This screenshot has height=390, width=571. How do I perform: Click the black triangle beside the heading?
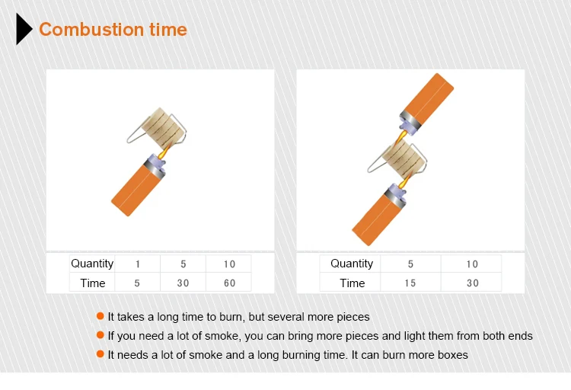pyautogui.click(x=24, y=29)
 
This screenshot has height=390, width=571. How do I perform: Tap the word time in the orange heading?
pyautogui.click(x=168, y=30)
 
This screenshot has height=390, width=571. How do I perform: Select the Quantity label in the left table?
pyautogui.click(x=92, y=264)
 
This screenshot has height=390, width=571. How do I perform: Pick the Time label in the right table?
pyautogui.click(x=352, y=283)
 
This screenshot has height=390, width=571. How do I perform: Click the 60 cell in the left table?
pyautogui.click(x=229, y=283)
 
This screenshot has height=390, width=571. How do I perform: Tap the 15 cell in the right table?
pyautogui.click(x=410, y=283)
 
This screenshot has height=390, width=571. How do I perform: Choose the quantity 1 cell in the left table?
pyautogui.click(x=138, y=264)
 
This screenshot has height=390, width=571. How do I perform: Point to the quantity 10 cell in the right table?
pyautogui.click(x=472, y=264)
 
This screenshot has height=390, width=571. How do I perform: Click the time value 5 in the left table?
pyautogui.click(x=137, y=283)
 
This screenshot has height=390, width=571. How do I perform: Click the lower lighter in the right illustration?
pyautogui.click(x=378, y=214)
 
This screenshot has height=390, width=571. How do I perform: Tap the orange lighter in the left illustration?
pyautogui.click(x=138, y=186)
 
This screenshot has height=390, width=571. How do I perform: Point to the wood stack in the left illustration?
pyautogui.click(x=163, y=126)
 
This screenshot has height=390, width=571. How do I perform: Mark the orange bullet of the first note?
pyautogui.click(x=100, y=316)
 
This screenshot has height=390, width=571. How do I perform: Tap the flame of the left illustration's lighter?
pyautogui.click(x=165, y=150)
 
